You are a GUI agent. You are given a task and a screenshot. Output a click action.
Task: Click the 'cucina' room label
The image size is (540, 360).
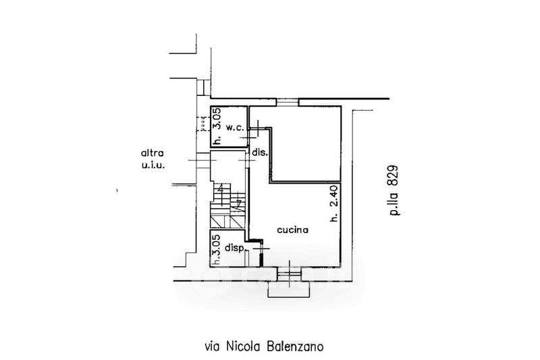292,230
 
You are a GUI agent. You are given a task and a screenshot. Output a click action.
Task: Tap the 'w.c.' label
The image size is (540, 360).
235,128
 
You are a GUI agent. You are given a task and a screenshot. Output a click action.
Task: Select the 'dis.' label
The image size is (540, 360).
261,153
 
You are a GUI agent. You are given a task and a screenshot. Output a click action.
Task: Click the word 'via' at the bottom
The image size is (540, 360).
212,347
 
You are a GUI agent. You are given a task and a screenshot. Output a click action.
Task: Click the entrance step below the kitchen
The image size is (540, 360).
291,288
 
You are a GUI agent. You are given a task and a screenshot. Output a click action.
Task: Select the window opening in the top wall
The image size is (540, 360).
287,103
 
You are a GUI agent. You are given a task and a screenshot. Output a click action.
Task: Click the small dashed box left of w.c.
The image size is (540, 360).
202,124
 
